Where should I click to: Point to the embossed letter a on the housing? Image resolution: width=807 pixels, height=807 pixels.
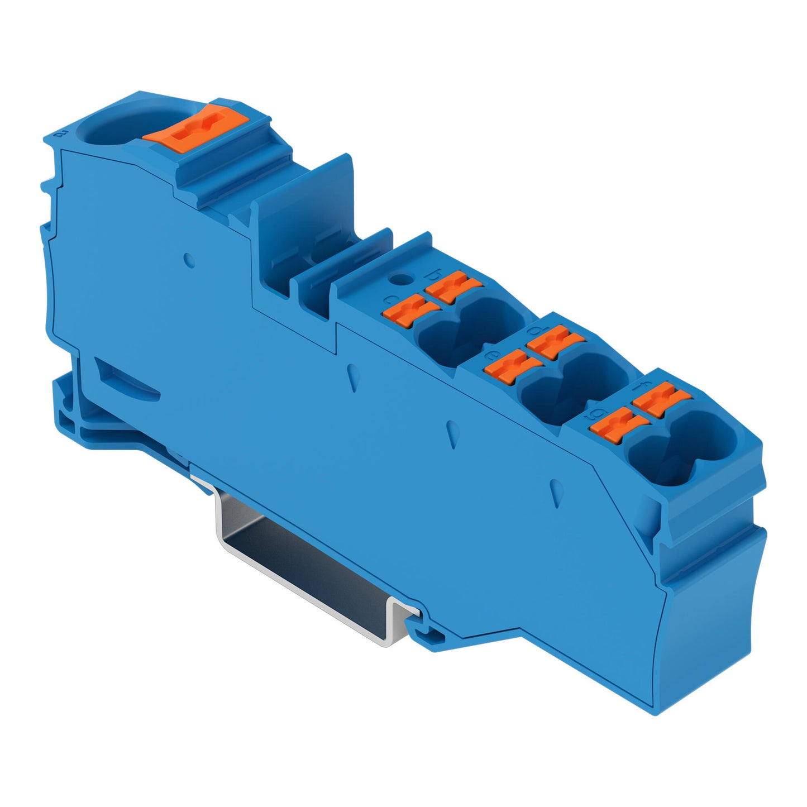(x=63, y=133)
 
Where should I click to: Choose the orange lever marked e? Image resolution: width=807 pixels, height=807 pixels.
(x=513, y=367)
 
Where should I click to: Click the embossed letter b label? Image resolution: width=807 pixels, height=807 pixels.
(x=431, y=274)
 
